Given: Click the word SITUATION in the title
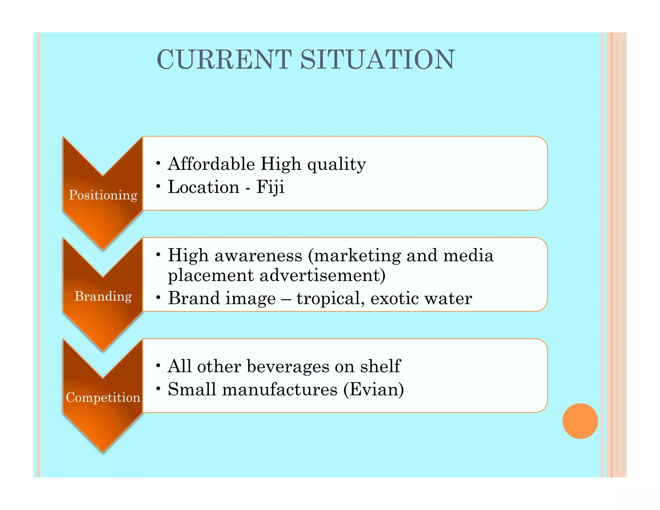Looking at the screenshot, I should pyautogui.click(x=377, y=60).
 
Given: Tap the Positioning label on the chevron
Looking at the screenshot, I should pyautogui.click(x=103, y=195).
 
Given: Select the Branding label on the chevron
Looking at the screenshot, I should pyautogui.click(x=103, y=296).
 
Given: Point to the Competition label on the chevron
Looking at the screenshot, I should pyautogui.click(x=103, y=397).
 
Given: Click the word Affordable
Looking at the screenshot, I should pyautogui.click(x=211, y=164).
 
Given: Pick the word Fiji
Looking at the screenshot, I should pyautogui.click(x=270, y=187).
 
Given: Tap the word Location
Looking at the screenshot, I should pyautogui.click(x=204, y=187).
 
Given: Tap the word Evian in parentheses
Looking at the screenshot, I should pyautogui.click(x=373, y=389).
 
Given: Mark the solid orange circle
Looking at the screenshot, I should pyautogui.click(x=580, y=421).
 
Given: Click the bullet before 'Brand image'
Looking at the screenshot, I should pyautogui.click(x=158, y=298).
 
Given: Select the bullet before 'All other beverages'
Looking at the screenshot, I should pyautogui.click(x=158, y=366).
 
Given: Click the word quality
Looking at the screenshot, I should pyautogui.click(x=336, y=164).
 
